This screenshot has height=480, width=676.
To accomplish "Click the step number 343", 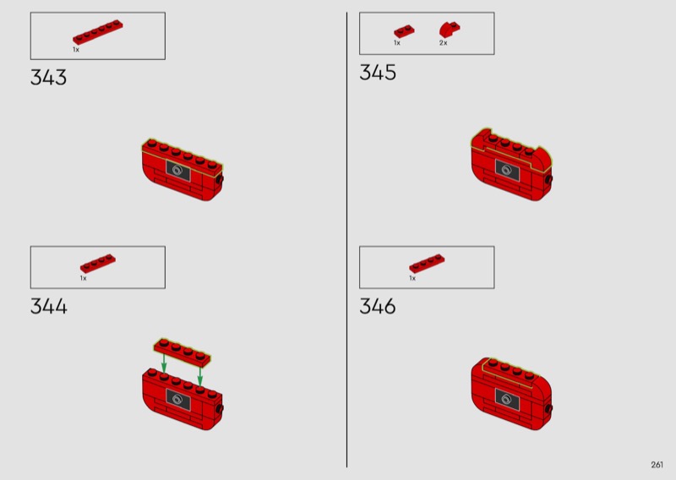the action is coord(48,78).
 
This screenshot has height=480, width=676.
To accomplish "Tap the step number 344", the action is coord(49,307).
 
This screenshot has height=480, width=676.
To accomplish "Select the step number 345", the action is coord(378,73).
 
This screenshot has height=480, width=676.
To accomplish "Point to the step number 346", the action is coord(378,307).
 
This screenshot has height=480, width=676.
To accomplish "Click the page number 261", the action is coord(657,465).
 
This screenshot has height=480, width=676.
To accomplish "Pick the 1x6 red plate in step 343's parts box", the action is coord(98,32).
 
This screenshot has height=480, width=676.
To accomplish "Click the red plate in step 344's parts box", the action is coord(98,263).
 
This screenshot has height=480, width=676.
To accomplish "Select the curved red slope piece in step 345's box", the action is coord(450,30).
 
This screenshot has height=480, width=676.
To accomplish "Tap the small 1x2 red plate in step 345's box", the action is coord(404,31).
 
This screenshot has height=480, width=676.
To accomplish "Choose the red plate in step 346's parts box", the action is coord(427,263).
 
